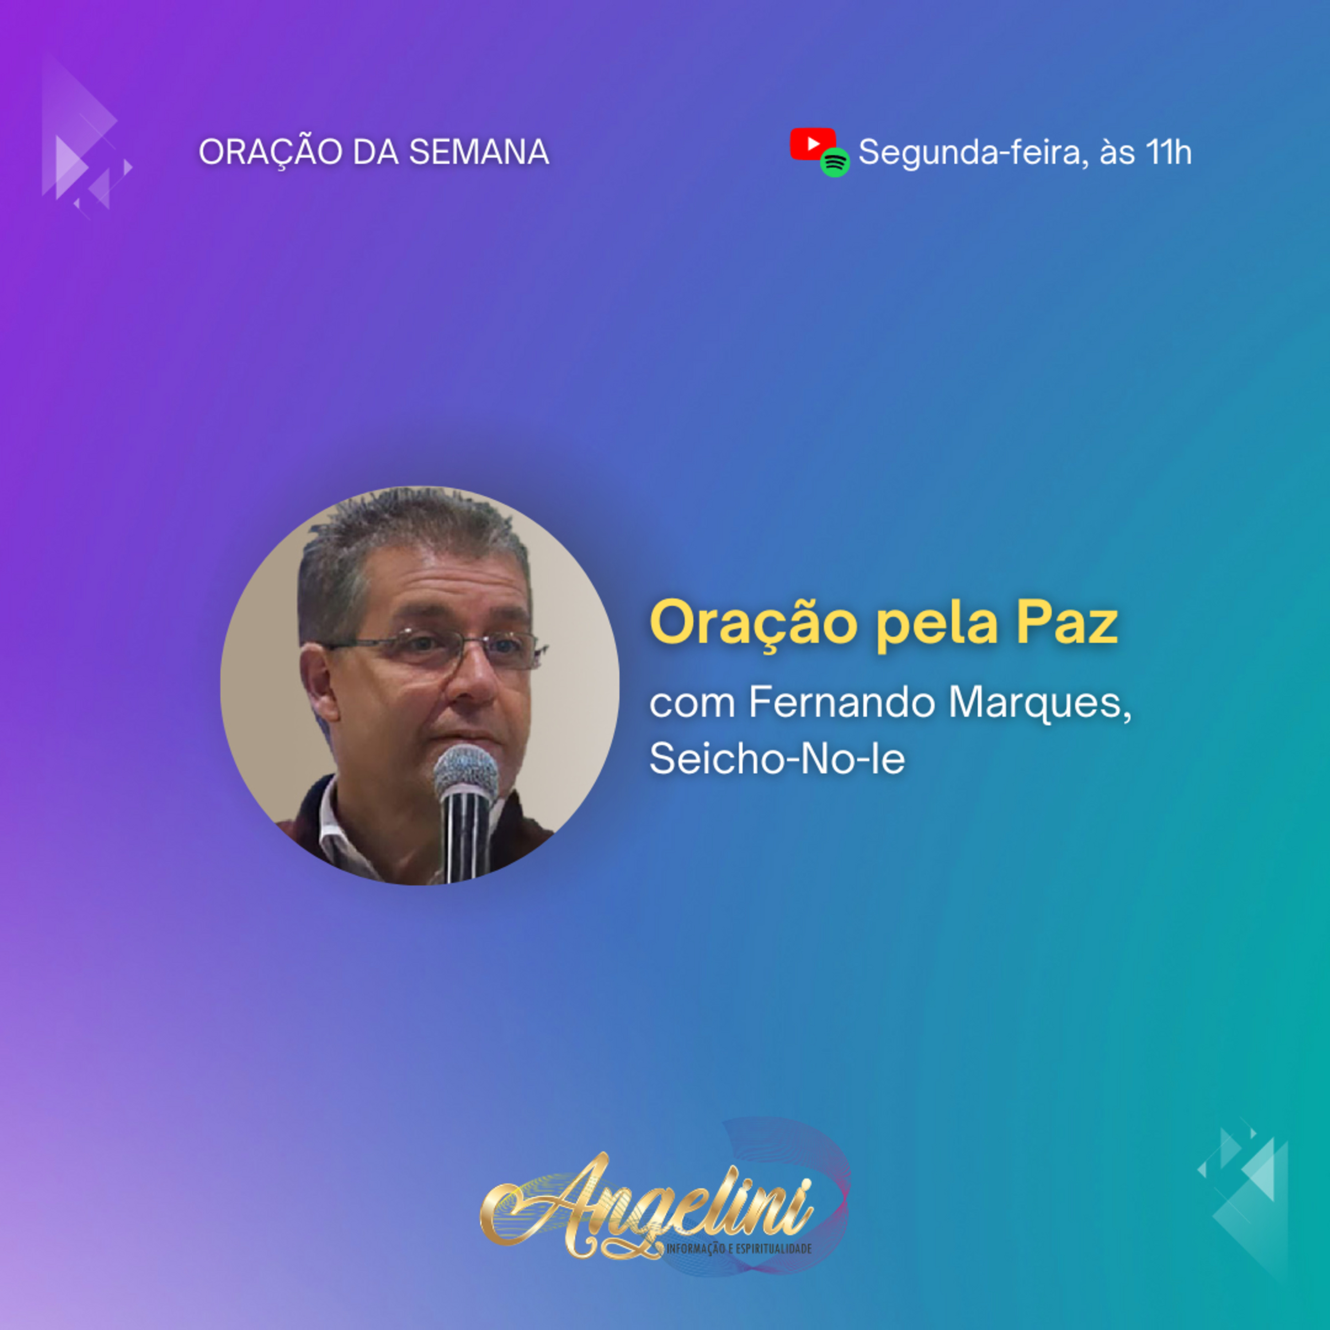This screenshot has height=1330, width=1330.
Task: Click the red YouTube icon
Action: [812, 145]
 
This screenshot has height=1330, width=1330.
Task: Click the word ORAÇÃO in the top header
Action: [270, 152]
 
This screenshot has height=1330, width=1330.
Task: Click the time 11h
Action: [1168, 152]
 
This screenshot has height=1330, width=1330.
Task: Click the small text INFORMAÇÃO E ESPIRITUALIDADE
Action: [738, 1248]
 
